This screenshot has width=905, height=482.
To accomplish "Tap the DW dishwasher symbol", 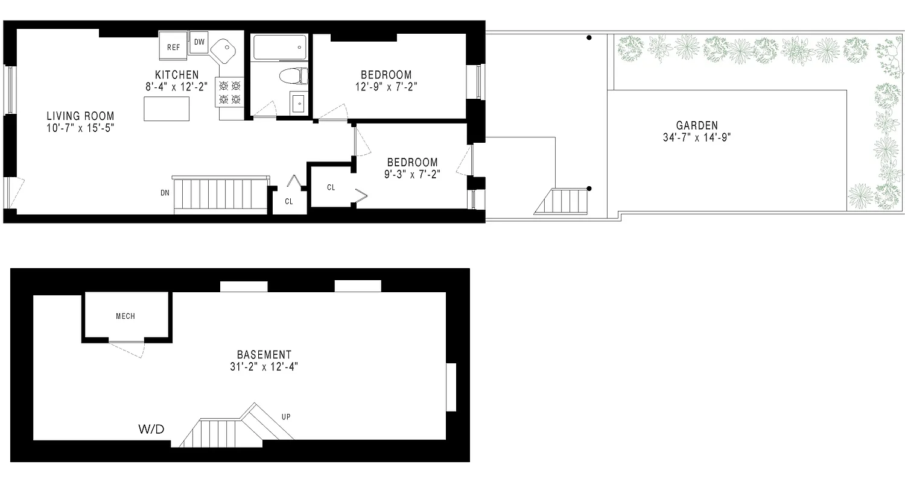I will pyautogui.click(x=199, y=42).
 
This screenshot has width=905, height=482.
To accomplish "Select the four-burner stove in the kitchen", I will pyautogui.click(x=229, y=93).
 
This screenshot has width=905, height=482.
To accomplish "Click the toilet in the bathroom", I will pyautogui.click(x=294, y=76).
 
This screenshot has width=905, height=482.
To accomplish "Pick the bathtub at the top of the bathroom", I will pyautogui.click(x=279, y=47).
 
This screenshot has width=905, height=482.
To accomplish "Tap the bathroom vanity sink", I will pyautogui.click(x=299, y=104).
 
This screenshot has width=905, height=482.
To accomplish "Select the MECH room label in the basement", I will pyautogui.click(x=125, y=316).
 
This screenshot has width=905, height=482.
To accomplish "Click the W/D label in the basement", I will pyautogui.click(x=151, y=429).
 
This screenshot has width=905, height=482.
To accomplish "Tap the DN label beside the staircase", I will pyautogui.click(x=165, y=193).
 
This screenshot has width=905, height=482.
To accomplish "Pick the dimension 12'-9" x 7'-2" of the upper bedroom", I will pyautogui.click(x=386, y=86).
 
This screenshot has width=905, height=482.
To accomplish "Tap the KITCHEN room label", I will pyautogui.click(x=177, y=75).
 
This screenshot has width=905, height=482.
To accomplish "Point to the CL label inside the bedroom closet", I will pyautogui.click(x=331, y=187).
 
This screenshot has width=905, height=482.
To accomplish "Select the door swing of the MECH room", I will pyautogui.click(x=127, y=349).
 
